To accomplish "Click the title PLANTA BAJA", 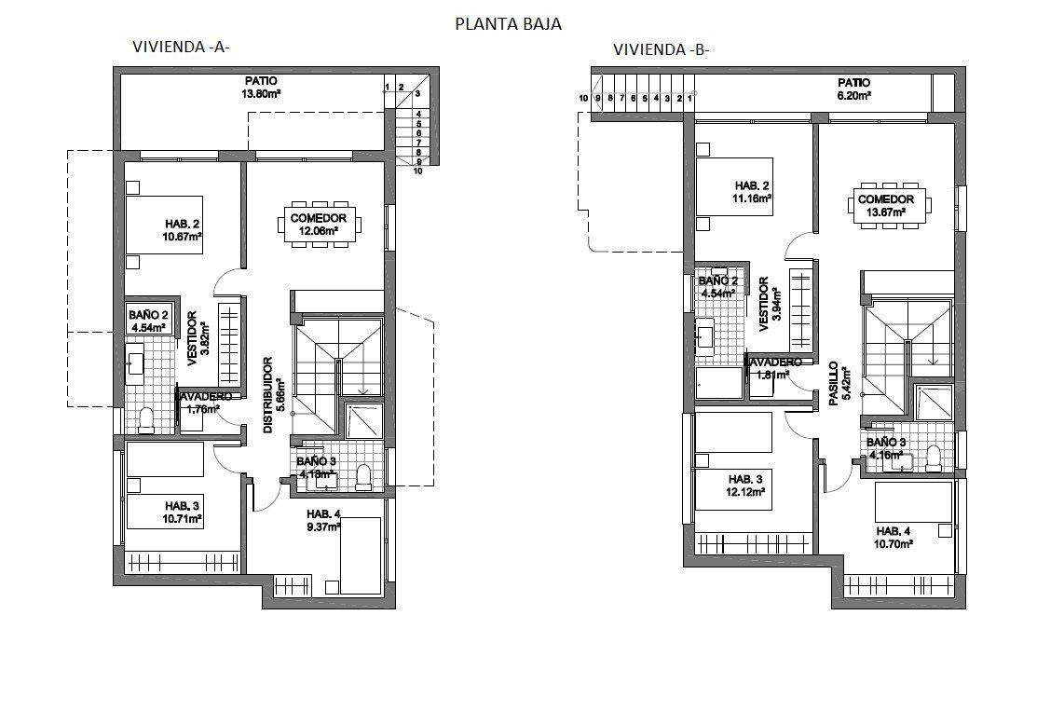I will coord(508,24).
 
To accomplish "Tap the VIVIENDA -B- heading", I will coord(662,50).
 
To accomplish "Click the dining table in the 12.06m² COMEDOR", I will coord(318,225).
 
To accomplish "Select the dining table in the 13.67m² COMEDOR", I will coord(886,206).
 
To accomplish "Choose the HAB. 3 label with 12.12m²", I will coord(746,485).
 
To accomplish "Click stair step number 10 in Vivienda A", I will coord(418,171).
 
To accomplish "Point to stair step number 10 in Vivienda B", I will coord(583,98).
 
